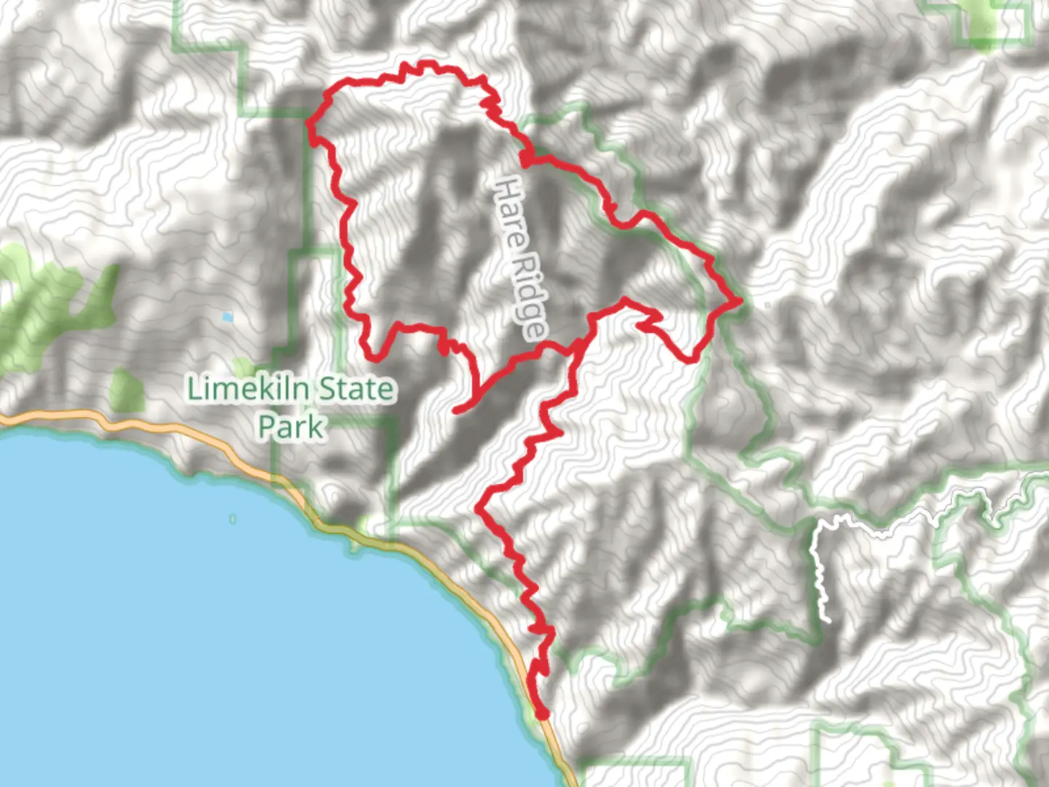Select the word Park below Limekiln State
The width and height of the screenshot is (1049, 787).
click(291, 427)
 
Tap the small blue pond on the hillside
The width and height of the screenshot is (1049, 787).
click(228, 318)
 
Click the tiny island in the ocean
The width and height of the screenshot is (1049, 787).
click(232, 519)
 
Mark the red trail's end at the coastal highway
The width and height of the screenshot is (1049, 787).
click(542, 714)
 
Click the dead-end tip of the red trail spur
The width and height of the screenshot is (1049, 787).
click(456, 411)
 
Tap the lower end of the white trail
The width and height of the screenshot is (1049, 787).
click(828, 619)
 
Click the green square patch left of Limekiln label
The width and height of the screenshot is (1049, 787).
click(126, 390)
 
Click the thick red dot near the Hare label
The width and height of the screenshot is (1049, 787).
click(525, 158)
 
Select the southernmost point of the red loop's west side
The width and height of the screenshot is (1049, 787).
click(374, 357)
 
